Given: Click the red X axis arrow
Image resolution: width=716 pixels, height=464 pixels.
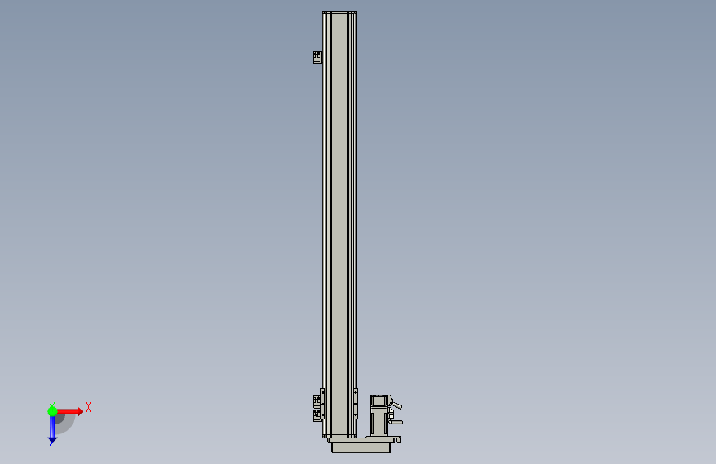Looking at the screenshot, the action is click(x=69, y=411).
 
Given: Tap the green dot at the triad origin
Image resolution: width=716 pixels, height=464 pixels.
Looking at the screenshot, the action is click(x=52, y=411).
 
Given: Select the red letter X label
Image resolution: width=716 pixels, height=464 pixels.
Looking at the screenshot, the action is click(x=88, y=407).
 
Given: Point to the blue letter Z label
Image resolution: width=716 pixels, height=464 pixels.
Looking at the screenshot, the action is click(x=52, y=444).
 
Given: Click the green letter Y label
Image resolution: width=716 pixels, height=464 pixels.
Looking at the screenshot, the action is click(x=52, y=405).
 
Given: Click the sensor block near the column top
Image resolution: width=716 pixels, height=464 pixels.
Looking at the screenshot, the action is click(x=317, y=57).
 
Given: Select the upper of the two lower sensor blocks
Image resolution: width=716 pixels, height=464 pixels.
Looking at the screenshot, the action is click(x=317, y=402).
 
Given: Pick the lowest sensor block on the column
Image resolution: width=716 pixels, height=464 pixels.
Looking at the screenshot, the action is click(x=317, y=415).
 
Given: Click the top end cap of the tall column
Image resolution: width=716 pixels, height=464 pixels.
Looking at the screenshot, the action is click(x=339, y=12).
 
